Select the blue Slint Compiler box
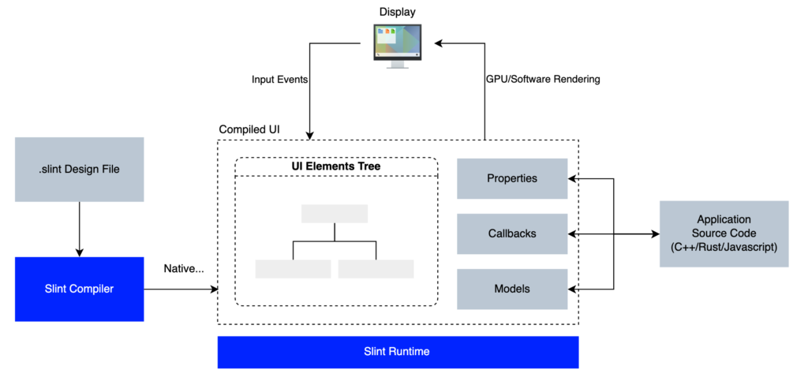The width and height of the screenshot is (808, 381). [x=79, y=289]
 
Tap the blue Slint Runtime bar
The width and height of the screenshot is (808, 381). [x=398, y=352]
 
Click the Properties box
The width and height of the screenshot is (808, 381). [x=512, y=178]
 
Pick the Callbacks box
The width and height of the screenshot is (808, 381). [x=512, y=233]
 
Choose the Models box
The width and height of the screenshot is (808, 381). [x=512, y=289]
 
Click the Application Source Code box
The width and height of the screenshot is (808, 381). [x=724, y=233]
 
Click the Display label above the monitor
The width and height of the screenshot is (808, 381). [x=397, y=12]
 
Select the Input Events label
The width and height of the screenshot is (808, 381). [x=279, y=80]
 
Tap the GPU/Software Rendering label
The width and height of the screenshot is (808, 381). [x=542, y=80]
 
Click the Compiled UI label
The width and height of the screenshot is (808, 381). [x=249, y=129]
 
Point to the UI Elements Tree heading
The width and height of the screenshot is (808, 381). [x=336, y=166]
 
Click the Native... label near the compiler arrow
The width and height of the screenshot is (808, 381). [x=184, y=269]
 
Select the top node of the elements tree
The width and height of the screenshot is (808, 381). [x=334, y=214]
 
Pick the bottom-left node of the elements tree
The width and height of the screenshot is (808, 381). [x=293, y=268]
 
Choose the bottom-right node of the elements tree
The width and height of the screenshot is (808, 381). [x=376, y=268]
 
